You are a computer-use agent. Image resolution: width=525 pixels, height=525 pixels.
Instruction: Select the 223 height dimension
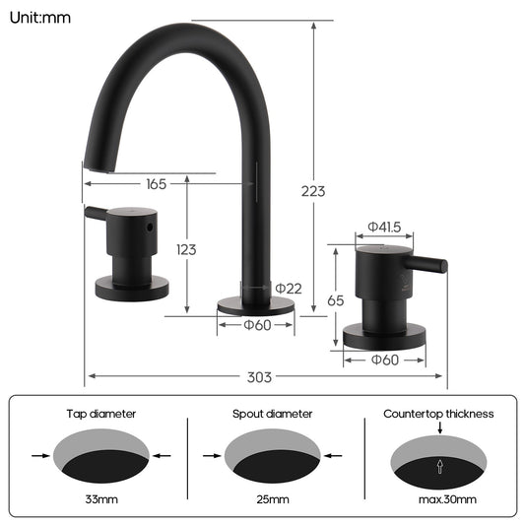click(313, 191)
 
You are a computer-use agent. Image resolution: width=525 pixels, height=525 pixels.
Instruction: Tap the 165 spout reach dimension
click(156, 183)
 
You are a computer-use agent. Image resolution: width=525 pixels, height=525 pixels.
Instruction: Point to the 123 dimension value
click(186, 249)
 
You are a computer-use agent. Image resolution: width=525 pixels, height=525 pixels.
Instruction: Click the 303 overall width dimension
click(260, 376)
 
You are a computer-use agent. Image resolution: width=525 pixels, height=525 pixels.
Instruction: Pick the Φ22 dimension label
click(288, 288)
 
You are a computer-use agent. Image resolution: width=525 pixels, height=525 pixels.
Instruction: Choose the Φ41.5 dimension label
click(384, 228)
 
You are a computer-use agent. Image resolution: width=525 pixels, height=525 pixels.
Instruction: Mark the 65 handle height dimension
click(336, 300)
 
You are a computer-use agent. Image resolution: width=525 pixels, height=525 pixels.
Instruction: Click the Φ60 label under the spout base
click(257, 325)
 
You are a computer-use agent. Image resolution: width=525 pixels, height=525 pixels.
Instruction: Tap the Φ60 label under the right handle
click(384, 360)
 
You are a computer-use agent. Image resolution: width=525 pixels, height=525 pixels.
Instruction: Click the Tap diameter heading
click(101, 414)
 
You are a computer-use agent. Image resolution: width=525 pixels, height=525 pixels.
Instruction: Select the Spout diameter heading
click(273, 414)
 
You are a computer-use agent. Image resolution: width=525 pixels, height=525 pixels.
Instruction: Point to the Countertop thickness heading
click(438, 414)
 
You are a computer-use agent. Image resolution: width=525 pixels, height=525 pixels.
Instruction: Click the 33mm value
click(101, 500)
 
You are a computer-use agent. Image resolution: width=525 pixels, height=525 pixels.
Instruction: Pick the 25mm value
click(272, 500)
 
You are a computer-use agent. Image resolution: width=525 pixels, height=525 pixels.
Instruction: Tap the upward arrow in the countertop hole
click(439, 467)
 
